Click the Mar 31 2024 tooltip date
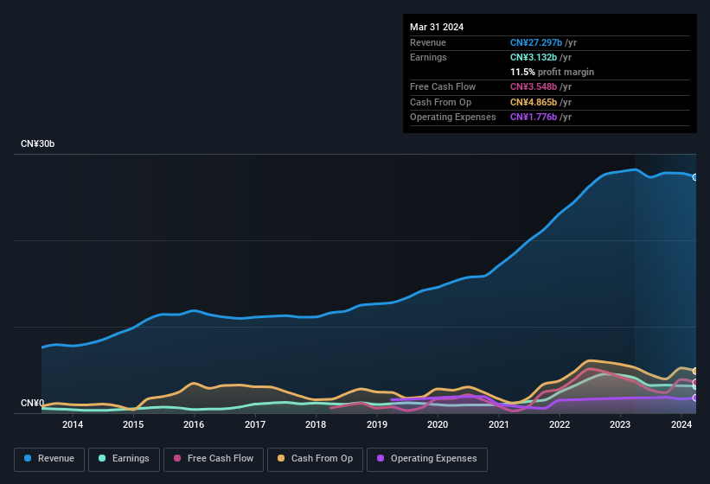pyautogui.click(x=437, y=27)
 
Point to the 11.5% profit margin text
pyautogui.click(x=552, y=72)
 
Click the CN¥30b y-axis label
pyautogui.click(x=38, y=143)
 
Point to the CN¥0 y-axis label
pyautogui.click(x=32, y=404)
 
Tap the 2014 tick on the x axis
pyautogui.click(x=73, y=424)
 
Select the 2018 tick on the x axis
pyautogui.click(x=316, y=424)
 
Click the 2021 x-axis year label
pyautogui.click(x=498, y=424)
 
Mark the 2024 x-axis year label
pyautogui.click(x=681, y=424)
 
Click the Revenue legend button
pyautogui.click(x=49, y=459)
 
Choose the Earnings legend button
pyautogui.click(x=123, y=459)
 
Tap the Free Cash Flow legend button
pyautogui.click(x=214, y=459)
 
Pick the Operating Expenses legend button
pyautogui.click(x=427, y=459)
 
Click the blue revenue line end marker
pyautogui.click(x=695, y=177)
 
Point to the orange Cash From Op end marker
pyautogui.click(x=695, y=371)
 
